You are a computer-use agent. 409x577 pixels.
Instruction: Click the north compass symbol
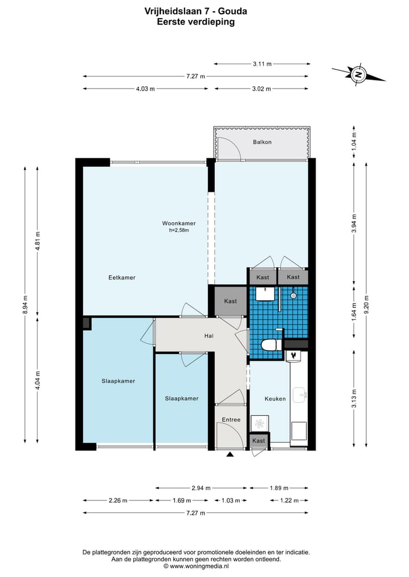pyautogui.click(x=358, y=75)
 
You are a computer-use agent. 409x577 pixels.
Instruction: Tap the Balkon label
pyautogui.click(x=262, y=142)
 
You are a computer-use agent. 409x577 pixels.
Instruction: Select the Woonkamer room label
pyautogui.click(x=179, y=223)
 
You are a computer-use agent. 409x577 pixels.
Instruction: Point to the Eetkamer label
pyautogui.click(x=122, y=277)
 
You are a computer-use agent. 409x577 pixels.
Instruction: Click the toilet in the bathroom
pyautogui.click(x=271, y=345)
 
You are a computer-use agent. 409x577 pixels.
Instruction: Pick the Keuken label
pyautogui.click(x=275, y=398)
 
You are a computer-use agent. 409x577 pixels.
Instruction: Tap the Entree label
pyautogui.click(x=231, y=419)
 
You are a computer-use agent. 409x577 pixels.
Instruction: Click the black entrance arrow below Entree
pyautogui.click(x=230, y=454)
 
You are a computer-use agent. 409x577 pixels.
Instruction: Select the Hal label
pyautogui.click(x=209, y=336)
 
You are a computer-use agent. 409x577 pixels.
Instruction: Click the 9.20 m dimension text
pyautogui.click(x=366, y=305)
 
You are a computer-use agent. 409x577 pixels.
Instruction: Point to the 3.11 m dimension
pyautogui.click(x=262, y=64)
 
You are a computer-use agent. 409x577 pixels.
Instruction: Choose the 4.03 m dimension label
pyautogui.click(x=145, y=89)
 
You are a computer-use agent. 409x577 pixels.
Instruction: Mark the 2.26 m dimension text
pyautogui.click(x=118, y=500)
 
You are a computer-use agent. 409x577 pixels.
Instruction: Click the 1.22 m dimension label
pyautogui.click(x=289, y=500)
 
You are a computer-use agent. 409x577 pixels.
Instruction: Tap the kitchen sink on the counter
pyautogui.click(x=299, y=395)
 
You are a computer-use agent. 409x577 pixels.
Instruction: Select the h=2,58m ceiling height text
pyautogui.click(x=179, y=230)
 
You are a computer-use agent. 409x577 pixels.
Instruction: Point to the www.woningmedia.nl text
pyautogui.click(x=199, y=566)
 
